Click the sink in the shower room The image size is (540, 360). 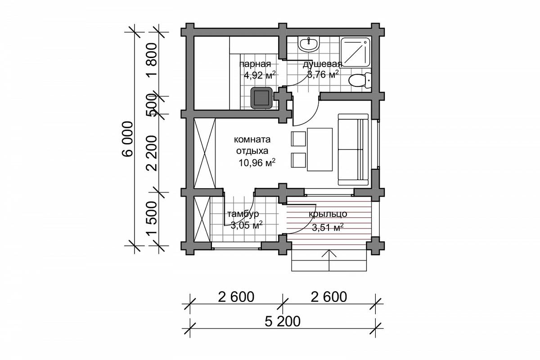(x=309, y=45)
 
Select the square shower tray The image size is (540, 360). (x=355, y=52)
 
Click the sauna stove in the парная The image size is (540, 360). (x=261, y=98)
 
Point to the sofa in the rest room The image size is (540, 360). (x=353, y=149)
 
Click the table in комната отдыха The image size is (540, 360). (x=319, y=149)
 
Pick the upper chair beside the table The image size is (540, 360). (x=298, y=139)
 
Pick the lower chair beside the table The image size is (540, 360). (x=298, y=160)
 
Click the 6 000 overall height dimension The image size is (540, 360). (x=128, y=139)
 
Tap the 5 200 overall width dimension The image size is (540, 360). (x=282, y=321)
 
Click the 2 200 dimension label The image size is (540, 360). (x=152, y=153)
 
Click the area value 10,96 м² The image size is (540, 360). (x=257, y=163)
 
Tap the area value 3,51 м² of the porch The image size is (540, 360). (x=328, y=227)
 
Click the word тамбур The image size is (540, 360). (x=243, y=214)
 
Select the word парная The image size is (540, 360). (x=255, y=64)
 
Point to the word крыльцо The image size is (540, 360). (x=328, y=214)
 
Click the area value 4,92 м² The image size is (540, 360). (x=260, y=75)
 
